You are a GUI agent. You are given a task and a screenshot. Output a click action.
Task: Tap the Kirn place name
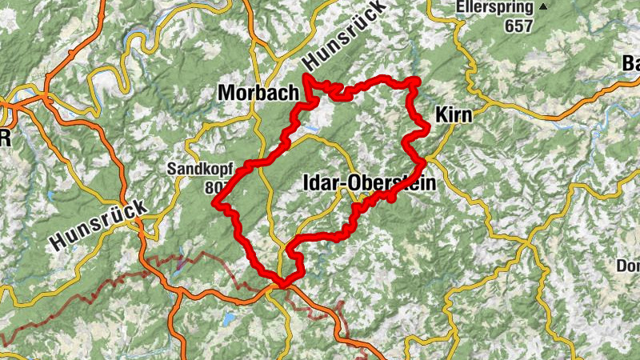pyautogui.click(x=454, y=116)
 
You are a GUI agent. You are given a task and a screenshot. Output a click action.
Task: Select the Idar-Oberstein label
pyautogui.click(x=370, y=184)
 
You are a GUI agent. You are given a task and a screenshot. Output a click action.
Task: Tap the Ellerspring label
pyautogui.click(x=494, y=7)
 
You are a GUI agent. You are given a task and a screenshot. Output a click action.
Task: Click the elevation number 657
pyautogui.click(x=518, y=25)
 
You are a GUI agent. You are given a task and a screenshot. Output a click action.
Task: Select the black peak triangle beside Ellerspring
pyautogui.click(x=544, y=7)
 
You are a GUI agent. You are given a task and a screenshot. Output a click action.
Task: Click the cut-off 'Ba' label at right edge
pyautogui.click(x=631, y=64)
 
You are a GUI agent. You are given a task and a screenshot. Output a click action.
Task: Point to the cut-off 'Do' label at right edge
pyautogui.click(x=628, y=266)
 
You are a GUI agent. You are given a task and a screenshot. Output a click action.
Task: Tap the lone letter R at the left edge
pyautogui.click(x=5, y=138)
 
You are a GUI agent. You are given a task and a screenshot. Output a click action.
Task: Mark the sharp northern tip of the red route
pyautogui.click(x=306, y=77)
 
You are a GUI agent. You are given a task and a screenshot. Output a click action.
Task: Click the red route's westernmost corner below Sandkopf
pyautogui.click(x=214, y=203)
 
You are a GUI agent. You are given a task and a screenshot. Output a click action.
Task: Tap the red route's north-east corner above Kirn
pyautogui.click(x=415, y=80)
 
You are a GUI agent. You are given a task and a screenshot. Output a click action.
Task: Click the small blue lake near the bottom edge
pyautogui.click(x=230, y=319)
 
